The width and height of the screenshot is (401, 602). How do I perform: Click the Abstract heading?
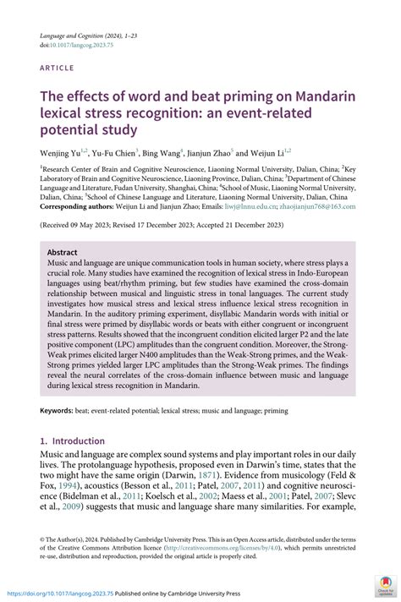pos(63,252)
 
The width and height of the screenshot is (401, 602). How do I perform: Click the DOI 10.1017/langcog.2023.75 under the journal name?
pos(81,46)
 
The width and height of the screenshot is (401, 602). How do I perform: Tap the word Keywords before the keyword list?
pos(59,410)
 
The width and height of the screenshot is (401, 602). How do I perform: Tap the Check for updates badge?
pos(385,586)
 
